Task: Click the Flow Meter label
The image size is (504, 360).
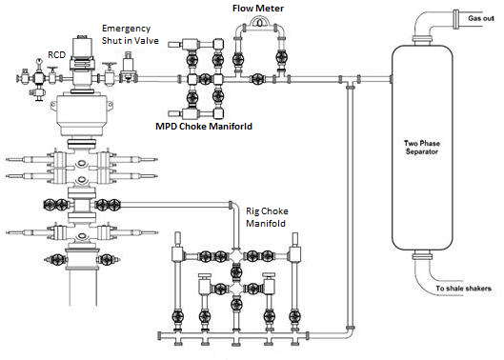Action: (x=258, y=9)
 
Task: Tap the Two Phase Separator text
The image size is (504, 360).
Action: (x=422, y=148)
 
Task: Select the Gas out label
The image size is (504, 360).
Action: (x=481, y=18)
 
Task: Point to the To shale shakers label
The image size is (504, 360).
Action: (x=463, y=289)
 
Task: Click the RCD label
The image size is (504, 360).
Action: (x=56, y=55)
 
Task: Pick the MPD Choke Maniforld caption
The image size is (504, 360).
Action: (x=204, y=127)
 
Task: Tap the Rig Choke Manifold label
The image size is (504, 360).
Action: (x=267, y=217)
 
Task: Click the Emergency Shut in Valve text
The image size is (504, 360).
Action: (x=131, y=34)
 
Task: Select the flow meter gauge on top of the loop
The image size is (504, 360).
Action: (x=259, y=22)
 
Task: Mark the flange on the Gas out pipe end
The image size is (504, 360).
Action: (x=455, y=19)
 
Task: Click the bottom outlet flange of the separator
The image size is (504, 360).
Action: (x=422, y=256)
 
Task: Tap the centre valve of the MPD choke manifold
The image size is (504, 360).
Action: (x=205, y=79)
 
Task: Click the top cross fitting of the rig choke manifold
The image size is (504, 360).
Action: (x=236, y=256)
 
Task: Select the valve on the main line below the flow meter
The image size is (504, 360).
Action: (x=257, y=79)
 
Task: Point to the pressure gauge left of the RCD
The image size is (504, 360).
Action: (x=39, y=61)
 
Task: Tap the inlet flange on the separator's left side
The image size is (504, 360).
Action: (x=392, y=79)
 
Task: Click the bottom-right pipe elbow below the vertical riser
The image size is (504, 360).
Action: (x=347, y=333)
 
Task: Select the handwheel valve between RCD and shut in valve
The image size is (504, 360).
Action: (x=110, y=74)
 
